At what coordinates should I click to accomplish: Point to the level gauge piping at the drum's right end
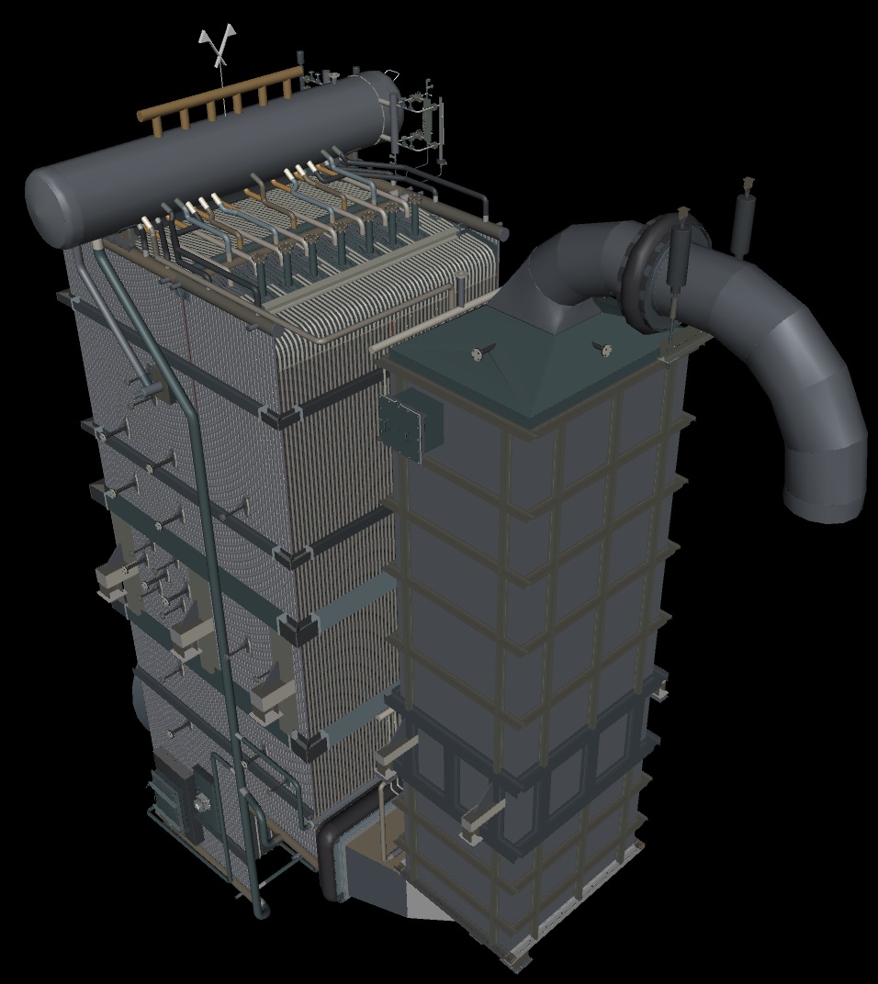coord(422,119)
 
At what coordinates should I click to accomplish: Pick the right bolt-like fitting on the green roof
coord(603,348)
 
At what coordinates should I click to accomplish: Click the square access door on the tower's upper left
coord(408,424)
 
